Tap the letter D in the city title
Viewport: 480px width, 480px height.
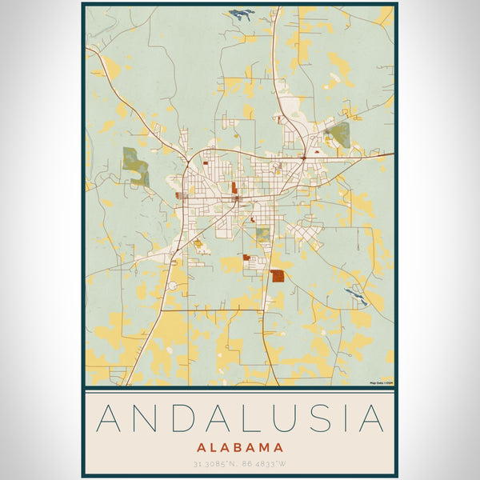pyautogui.click(x=186, y=420)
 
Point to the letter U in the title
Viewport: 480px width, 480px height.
pyautogui.click(x=296, y=420)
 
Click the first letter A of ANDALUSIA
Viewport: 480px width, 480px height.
pyautogui.click(x=110, y=420)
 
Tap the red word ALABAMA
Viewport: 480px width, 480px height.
pyautogui.click(x=240, y=447)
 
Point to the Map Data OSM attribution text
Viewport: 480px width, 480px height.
pyautogui.click(x=380, y=383)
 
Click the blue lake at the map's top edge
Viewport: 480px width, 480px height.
pyautogui.click(x=240, y=14)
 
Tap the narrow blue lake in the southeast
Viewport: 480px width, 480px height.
pyautogui.click(x=356, y=295)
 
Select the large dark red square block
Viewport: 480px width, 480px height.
pyautogui.click(x=278, y=276)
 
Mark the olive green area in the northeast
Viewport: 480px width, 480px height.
pyautogui.click(x=339, y=134)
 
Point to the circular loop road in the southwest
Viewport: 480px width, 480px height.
pyautogui.click(x=172, y=286)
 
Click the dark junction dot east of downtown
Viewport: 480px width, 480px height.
pyautogui.click(x=303, y=158)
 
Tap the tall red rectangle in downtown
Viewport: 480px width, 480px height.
pyautogui.click(x=234, y=189)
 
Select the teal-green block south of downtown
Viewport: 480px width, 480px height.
pyautogui.click(x=263, y=234)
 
